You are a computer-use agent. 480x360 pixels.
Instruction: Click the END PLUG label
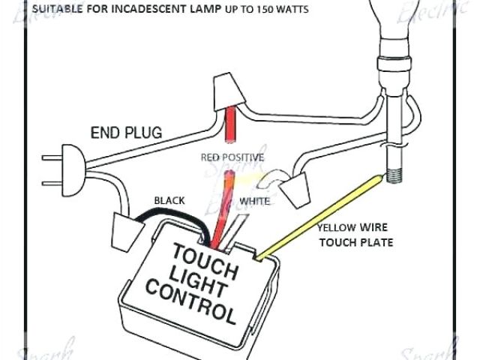point(126,133)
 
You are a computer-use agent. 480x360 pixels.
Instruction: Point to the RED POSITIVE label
point(232,157)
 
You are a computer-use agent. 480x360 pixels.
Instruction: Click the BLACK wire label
point(169,200)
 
